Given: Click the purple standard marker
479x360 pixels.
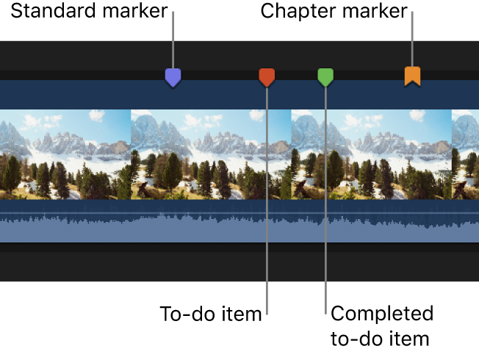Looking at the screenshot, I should (173, 77).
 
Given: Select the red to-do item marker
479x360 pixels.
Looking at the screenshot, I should (267, 76).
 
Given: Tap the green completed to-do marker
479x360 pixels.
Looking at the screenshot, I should (325, 76).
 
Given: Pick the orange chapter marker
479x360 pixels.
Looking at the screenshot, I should (413, 76).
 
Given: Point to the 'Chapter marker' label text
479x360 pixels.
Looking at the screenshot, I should (334, 12).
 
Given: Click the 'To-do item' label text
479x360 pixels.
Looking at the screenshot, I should (211, 314).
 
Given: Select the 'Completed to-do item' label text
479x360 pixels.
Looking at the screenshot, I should (381, 326).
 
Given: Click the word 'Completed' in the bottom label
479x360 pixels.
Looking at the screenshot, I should (382, 314).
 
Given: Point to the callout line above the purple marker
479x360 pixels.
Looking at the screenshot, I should (173, 40).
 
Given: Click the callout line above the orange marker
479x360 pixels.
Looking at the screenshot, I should (413, 40).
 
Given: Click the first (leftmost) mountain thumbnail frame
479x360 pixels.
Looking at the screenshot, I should (65, 154).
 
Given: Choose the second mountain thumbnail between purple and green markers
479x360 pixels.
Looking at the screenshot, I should (211, 154).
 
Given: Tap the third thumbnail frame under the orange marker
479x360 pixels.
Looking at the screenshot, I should (371, 154).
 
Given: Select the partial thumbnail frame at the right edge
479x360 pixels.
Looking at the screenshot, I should (465, 154).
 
